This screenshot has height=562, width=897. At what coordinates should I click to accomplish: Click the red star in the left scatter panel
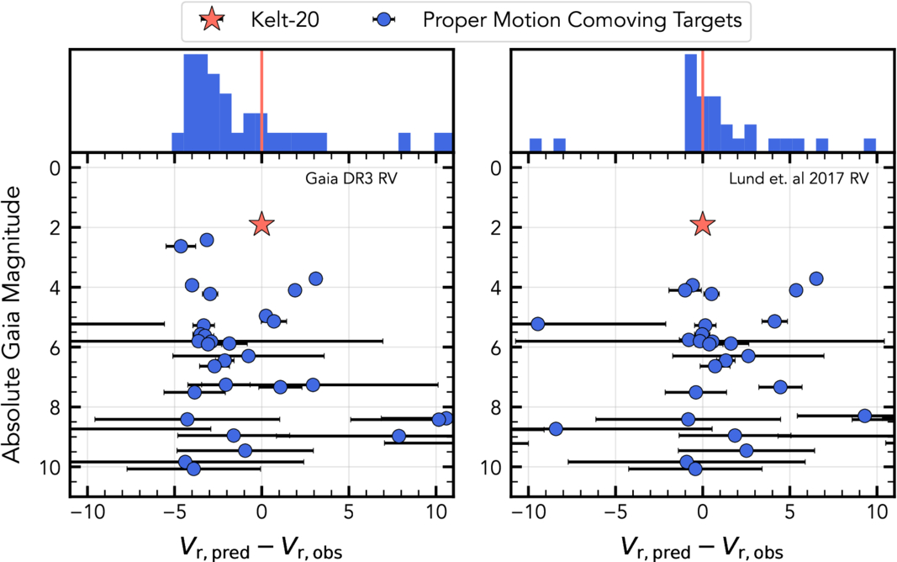(x=261, y=224)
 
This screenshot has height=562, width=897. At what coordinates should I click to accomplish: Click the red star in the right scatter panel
(x=703, y=224)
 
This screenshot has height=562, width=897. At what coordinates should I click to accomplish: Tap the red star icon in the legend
(x=211, y=21)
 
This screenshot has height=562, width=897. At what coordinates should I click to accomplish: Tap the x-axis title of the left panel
(x=261, y=547)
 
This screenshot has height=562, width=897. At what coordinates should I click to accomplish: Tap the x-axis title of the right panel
(x=703, y=547)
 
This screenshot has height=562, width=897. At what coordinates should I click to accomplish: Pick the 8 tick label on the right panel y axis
(x=497, y=407)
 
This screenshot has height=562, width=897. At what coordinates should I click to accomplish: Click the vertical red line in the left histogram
(x=261, y=101)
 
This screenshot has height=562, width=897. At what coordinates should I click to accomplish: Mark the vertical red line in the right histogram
(x=703, y=101)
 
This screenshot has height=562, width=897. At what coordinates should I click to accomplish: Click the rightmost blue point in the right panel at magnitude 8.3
(x=864, y=416)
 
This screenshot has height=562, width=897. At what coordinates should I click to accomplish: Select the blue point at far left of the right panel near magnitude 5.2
(x=538, y=324)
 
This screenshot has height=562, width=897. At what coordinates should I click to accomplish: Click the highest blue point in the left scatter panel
(x=207, y=240)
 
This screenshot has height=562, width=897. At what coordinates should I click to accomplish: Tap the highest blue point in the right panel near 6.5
(x=815, y=278)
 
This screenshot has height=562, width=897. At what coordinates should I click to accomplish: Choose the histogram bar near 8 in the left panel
(x=404, y=141)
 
